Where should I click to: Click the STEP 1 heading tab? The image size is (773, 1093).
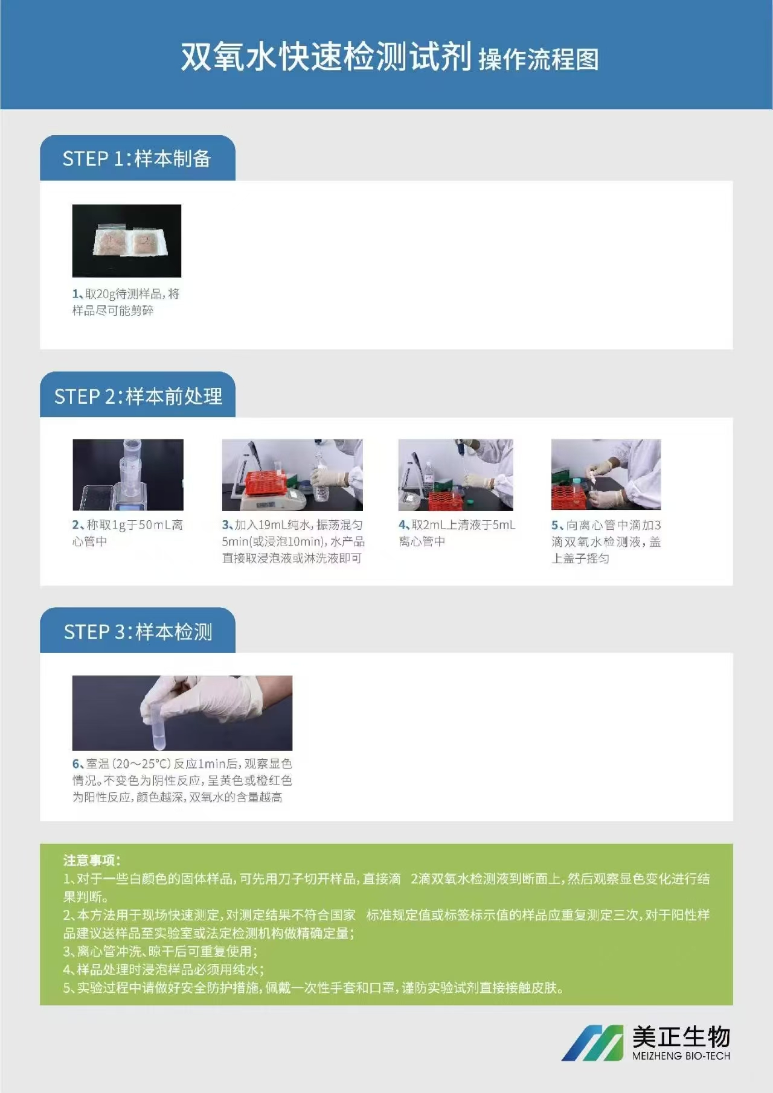pyautogui.click(x=137, y=158)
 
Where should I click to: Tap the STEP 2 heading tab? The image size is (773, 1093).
pyautogui.click(x=138, y=396)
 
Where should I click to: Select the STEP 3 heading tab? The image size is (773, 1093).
pyautogui.click(x=138, y=631)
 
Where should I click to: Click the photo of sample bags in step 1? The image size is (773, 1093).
pyautogui.click(x=127, y=241)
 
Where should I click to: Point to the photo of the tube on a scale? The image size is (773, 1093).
pyautogui.click(x=128, y=475)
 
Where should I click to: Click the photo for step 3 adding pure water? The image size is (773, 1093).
pyautogui.click(x=292, y=475)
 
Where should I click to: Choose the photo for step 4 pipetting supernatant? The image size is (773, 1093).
pyautogui.click(x=456, y=475)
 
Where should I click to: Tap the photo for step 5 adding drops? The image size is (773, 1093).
pyautogui.click(x=606, y=475)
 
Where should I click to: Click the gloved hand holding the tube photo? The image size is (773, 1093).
pyautogui.click(x=182, y=713)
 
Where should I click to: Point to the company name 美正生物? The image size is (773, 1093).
pyautogui.click(x=681, y=1037)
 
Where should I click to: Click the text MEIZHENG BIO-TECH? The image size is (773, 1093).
pyautogui.click(x=681, y=1056)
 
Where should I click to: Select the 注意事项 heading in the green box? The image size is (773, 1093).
pyautogui.click(x=92, y=860)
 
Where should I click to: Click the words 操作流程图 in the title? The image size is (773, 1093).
pyautogui.click(x=539, y=60)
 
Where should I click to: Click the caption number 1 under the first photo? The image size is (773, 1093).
pyautogui.click(x=76, y=294)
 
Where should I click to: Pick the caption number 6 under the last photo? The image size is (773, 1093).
pyautogui.click(x=76, y=764)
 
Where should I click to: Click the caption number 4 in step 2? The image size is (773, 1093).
pyautogui.click(x=402, y=525)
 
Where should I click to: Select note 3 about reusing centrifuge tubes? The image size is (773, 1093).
pyautogui.click(x=160, y=952)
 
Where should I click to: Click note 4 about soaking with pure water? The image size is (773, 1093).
pyautogui.click(x=163, y=970)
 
